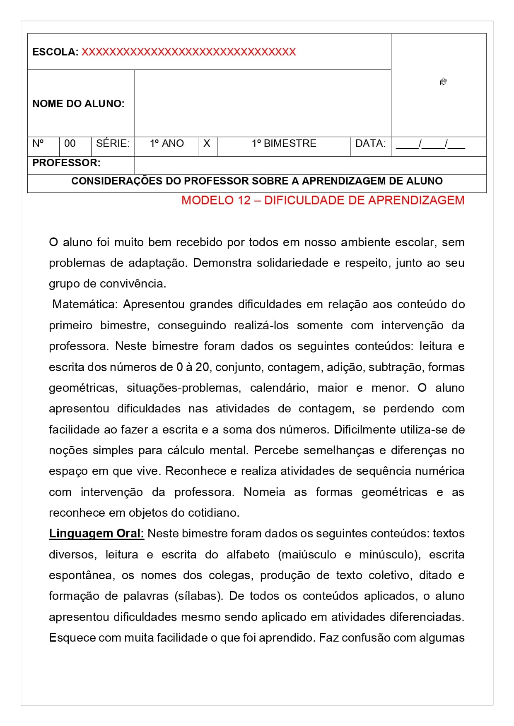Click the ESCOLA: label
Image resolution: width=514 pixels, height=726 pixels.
pyautogui.click(x=55, y=52)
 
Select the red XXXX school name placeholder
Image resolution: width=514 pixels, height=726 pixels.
pyautogui.click(x=188, y=52)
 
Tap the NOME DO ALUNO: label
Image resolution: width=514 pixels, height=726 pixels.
pyautogui.click(x=78, y=103)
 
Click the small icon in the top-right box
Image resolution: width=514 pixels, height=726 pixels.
pyautogui.click(x=444, y=82)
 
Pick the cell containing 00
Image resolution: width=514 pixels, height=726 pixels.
pyautogui.click(x=70, y=144)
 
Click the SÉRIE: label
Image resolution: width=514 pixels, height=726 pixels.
pyautogui.click(x=113, y=144)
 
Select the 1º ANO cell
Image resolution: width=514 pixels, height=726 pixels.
pyautogui.click(x=167, y=144)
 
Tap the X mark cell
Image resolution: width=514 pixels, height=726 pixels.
pyautogui.click(x=207, y=144)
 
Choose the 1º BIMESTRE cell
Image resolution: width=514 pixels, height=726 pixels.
pyautogui.click(x=284, y=144)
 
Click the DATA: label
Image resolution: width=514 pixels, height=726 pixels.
pyautogui.click(x=370, y=144)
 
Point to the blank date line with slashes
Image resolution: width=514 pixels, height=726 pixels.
pyautogui.click(x=430, y=144)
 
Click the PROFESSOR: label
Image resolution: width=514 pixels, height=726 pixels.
pyautogui.click(x=66, y=163)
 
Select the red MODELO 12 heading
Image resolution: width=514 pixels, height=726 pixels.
pyautogui.click(x=323, y=200)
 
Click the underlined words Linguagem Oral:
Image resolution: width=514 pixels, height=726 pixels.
pyautogui.click(x=97, y=534)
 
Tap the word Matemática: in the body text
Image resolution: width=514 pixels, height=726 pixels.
pyautogui.click(x=85, y=304)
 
